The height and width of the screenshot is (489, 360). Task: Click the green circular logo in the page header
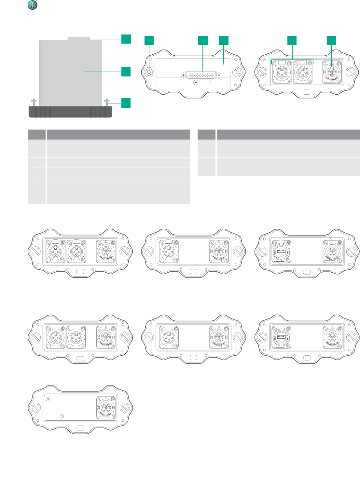[32, 5]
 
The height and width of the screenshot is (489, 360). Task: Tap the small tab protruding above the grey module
[78, 39]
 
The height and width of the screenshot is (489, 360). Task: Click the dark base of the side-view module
[70, 112]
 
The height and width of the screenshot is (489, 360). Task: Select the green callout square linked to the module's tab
[126, 39]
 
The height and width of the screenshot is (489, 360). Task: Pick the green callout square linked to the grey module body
[126, 72]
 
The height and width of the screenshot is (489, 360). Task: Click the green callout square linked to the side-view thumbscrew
[126, 103]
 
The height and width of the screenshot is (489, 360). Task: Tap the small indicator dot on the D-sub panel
[223, 64]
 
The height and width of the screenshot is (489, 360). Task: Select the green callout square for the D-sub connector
[203, 40]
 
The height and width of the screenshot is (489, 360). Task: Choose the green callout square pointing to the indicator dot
[224, 40]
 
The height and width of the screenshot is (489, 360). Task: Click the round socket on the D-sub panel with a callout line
[149, 72]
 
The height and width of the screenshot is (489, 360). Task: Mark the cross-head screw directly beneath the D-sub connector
[196, 83]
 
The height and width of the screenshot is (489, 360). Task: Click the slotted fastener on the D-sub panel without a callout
[238, 72]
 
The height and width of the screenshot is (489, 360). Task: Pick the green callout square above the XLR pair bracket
[292, 40]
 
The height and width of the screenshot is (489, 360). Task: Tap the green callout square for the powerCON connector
[331, 40]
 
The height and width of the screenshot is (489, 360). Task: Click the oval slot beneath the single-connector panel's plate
[80, 428]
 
